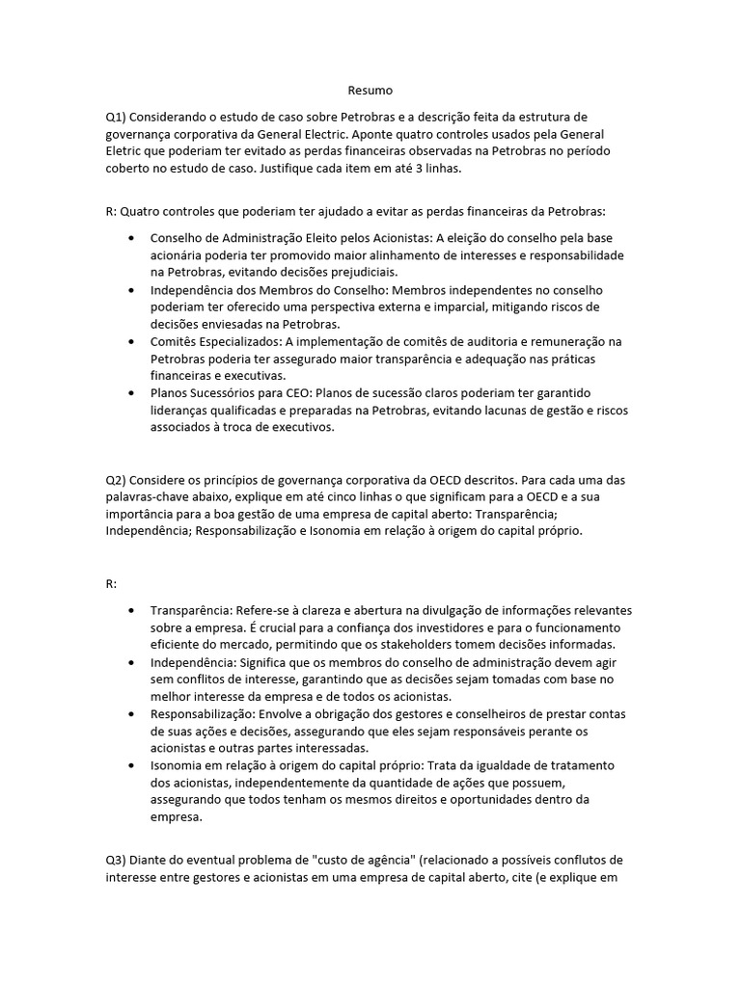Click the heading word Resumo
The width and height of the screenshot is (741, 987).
pyautogui.click(x=370, y=91)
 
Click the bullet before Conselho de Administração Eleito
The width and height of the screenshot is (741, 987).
pyautogui.click(x=130, y=238)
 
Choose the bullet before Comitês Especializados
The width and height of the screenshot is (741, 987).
pyautogui.click(x=130, y=341)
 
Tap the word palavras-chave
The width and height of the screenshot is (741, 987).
pyautogui.click(x=150, y=496)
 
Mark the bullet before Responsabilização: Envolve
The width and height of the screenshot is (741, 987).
pyautogui.click(x=130, y=713)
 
